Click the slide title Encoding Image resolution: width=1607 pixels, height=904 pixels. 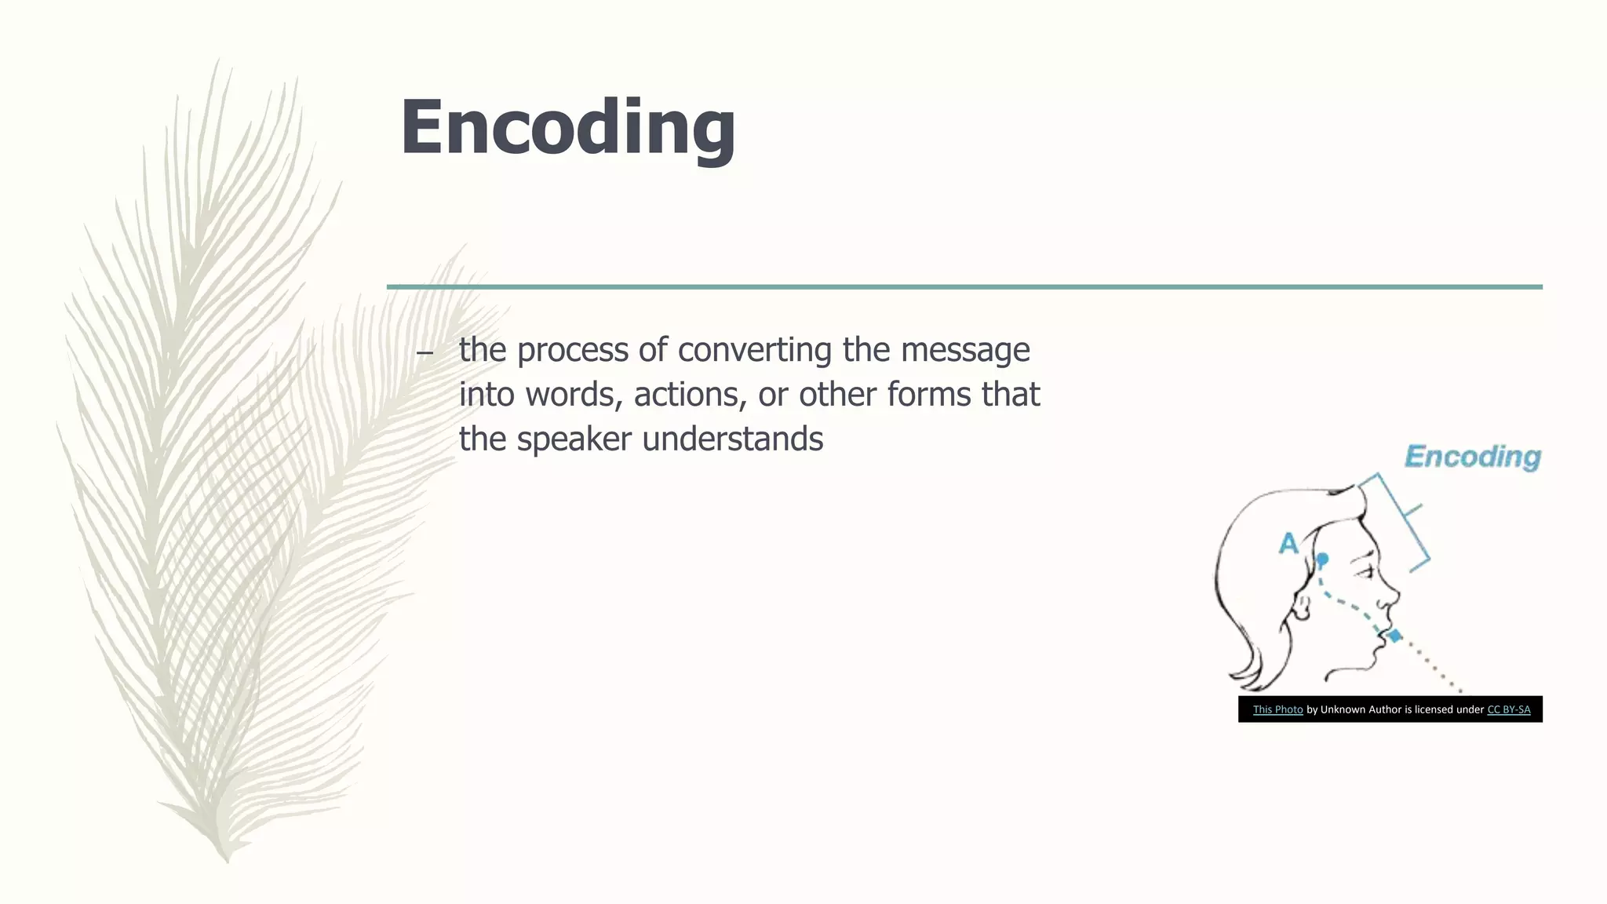(x=567, y=128)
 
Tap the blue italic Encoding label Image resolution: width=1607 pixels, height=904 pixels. (x=1472, y=456)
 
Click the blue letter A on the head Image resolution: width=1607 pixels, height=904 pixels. (x=1288, y=543)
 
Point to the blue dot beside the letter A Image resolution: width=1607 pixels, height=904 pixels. (x=1322, y=559)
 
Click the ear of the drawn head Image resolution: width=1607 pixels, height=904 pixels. (x=1303, y=607)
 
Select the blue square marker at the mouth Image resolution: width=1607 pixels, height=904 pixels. (x=1394, y=636)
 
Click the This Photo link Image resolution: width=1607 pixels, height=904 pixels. (x=1277, y=709)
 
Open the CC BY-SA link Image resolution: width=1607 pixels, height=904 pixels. (x=1508, y=709)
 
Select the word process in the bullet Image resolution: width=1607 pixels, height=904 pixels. (x=573, y=350)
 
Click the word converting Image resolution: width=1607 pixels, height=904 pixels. (x=754, y=350)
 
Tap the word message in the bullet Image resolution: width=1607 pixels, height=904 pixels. (x=964, y=350)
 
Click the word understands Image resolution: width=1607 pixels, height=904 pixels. (x=732, y=439)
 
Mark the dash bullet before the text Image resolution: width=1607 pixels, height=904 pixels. (x=425, y=353)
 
